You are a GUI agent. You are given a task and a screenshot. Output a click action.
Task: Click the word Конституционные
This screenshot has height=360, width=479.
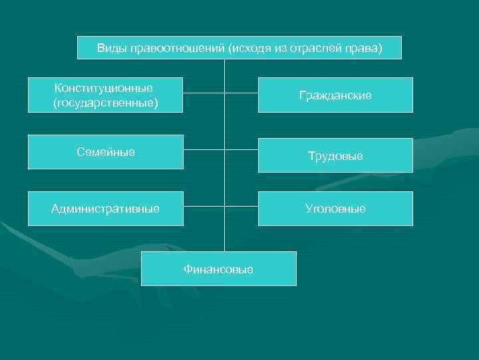click(x=104, y=88)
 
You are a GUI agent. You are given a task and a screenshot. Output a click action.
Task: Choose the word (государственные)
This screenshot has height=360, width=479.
click(x=106, y=103)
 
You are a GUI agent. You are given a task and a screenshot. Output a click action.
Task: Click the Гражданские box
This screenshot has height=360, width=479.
click(x=335, y=95)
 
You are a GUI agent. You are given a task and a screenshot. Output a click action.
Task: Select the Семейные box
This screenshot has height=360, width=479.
click(x=106, y=152)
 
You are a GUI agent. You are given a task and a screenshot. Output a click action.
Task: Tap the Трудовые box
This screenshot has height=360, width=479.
click(x=335, y=156)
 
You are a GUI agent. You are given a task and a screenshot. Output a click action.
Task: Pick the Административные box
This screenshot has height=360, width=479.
click(x=106, y=209)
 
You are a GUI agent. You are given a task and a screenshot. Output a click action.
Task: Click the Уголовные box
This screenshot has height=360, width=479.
click(x=335, y=209)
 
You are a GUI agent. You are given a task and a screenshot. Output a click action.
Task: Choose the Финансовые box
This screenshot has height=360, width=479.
click(x=218, y=269)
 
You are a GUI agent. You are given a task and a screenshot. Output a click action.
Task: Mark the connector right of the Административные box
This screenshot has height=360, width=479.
click(x=204, y=207)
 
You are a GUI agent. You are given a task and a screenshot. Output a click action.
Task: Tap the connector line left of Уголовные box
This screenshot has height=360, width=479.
click(x=241, y=207)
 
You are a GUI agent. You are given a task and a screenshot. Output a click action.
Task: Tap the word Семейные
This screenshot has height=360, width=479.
click(x=106, y=152)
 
